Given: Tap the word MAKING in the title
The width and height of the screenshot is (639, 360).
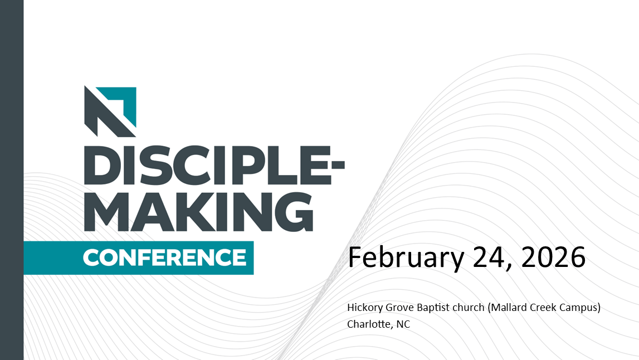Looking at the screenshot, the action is [198, 212].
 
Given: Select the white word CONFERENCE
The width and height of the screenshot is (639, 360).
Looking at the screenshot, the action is [165, 257].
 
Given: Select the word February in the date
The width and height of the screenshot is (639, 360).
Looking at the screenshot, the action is [406, 257].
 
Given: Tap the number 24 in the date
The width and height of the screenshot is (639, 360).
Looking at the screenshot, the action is [492, 257].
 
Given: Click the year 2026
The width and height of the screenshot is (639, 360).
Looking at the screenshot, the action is [553, 257].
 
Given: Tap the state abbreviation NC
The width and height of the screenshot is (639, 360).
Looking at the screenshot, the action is [403, 324].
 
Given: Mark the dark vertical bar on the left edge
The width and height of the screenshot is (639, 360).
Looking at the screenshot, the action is [12, 180].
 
